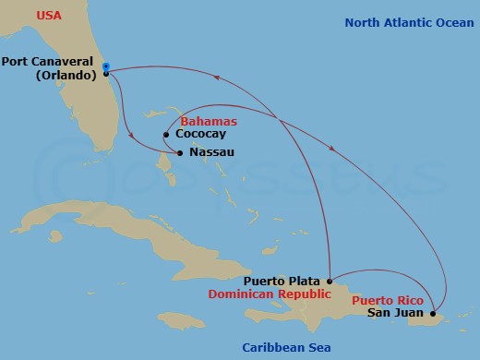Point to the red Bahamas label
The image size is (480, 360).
(x=208, y=121)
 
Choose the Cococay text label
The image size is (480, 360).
(x=200, y=134)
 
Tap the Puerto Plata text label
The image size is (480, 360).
(x=282, y=281)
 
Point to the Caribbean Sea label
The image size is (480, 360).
(x=287, y=347)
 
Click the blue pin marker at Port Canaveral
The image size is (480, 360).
(x=106, y=67)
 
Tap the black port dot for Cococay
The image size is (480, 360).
(x=165, y=135)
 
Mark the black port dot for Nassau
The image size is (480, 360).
(x=179, y=152)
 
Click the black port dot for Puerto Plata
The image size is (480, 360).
(x=330, y=281)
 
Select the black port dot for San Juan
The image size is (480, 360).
(x=434, y=314)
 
